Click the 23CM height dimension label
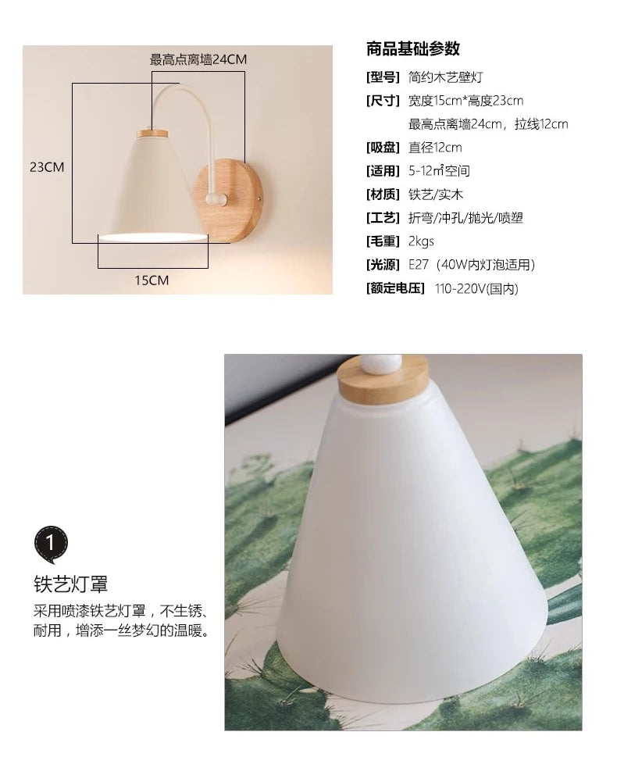coord(47,167)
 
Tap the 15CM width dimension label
coord(152,280)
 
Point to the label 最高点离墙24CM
coord(198,59)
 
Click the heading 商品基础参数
coord(413,48)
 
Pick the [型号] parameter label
coord(383,77)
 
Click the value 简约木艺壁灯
coord(445,77)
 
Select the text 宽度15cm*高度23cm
coord(466,101)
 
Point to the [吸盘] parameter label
coord(383,147)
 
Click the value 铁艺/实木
coord(436,194)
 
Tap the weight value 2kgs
coord(421,241)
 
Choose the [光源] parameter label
coord(383,265)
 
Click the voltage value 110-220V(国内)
coord(476,289)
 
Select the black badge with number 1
coord(51,544)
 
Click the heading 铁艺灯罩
coord(70,584)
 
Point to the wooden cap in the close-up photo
coord(383,382)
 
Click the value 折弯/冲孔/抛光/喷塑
coord(466,218)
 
